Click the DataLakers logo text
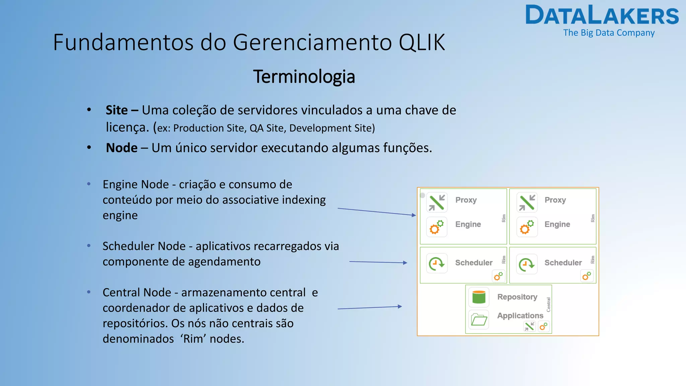pos(602,15)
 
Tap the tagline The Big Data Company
pos(609,33)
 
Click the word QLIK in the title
pos(422,43)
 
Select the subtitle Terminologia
pos(304,77)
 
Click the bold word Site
pos(117,110)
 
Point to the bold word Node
pos(122,148)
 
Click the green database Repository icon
pos(479,297)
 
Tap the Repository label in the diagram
pos(517,297)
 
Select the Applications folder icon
pos(479,320)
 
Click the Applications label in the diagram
pos(520,316)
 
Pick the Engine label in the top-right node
pos(557,224)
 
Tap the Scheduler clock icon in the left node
pos(437,263)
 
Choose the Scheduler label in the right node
pos(563,263)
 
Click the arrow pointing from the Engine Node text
pos(376,212)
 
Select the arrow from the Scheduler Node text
pos(378,262)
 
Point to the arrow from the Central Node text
pos(369,308)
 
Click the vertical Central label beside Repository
pos(548,305)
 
